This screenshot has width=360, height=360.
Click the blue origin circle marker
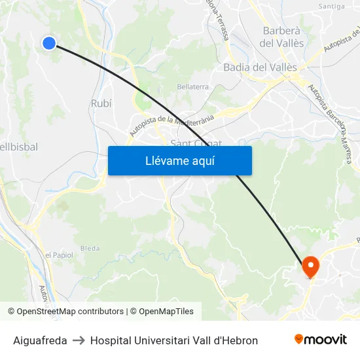point(49,43)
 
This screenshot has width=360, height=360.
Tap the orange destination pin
point(310,266)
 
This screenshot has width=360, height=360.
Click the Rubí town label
point(101,103)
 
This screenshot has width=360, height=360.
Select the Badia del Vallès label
point(260,67)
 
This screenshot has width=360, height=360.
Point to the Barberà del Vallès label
point(281,37)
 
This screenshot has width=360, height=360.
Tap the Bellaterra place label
point(192,86)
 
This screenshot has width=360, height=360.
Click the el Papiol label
point(59,255)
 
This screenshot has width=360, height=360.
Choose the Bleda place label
point(90,249)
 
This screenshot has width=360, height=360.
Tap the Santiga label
point(331,7)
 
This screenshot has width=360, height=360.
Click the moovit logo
point(321,340)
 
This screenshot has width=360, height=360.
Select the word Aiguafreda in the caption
point(40,340)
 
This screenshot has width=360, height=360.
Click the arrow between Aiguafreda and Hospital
point(79,340)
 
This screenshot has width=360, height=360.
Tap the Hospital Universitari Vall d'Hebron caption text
point(174,340)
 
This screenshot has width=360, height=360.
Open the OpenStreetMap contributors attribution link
point(70,312)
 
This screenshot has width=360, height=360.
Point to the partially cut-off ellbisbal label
point(19,147)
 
